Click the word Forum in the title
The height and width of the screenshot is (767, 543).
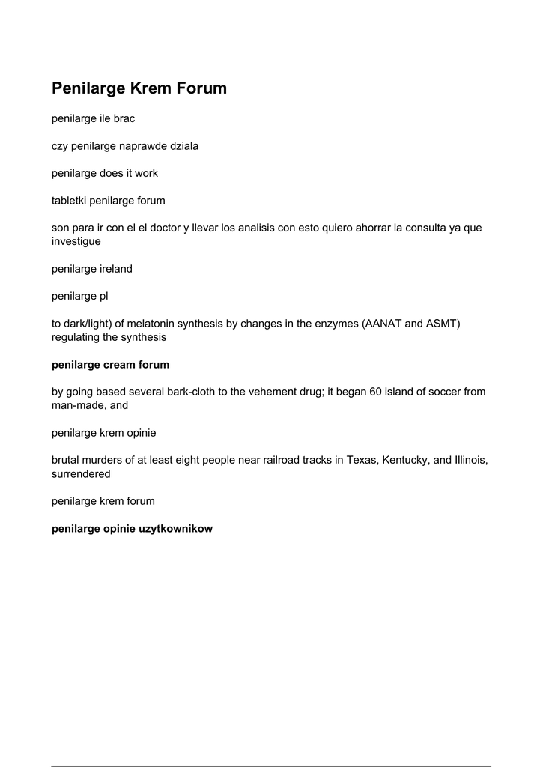click(x=201, y=88)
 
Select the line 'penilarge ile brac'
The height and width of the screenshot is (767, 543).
click(x=93, y=118)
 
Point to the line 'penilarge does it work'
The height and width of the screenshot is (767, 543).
click(x=105, y=173)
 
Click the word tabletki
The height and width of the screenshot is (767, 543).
click(x=68, y=201)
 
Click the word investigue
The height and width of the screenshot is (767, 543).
click(x=76, y=241)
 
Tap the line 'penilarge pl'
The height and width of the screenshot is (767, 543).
click(x=80, y=296)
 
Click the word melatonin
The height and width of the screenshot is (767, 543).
click(x=155, y=324)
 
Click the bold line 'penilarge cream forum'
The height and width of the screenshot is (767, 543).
click(x=110, y=365)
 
